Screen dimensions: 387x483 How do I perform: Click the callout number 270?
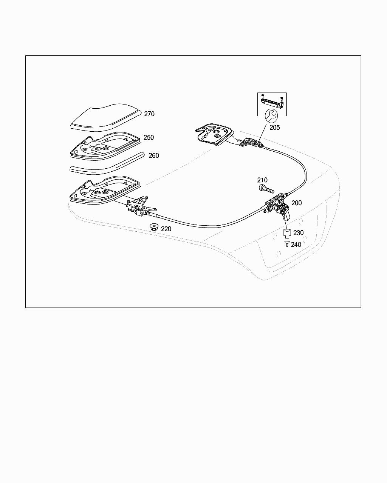tap(149, 114)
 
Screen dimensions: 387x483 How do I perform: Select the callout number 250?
tap(149, 138)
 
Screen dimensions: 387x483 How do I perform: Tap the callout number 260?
tap(153, 155)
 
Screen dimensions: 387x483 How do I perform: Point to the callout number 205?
tap(275, 128)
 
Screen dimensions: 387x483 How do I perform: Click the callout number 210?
tap(262, 180)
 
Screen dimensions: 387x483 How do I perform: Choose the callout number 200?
tap(297, 203)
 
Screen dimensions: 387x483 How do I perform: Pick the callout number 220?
tap(166, 229)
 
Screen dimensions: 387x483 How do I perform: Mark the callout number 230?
tap(299, 233)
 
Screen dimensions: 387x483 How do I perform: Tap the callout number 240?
tap(296, 245)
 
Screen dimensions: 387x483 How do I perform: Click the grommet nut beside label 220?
tap(153, 227)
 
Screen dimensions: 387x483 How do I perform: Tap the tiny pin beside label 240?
tap(287, 244)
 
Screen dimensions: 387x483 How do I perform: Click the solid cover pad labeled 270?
tap(106, 115)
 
